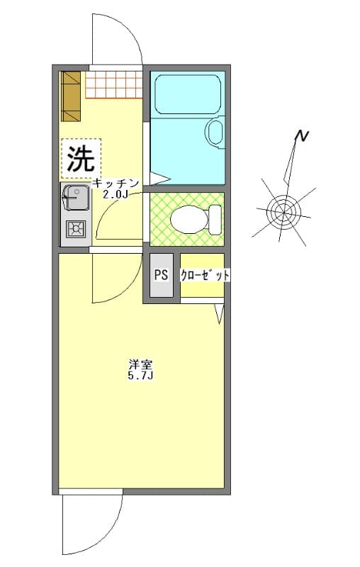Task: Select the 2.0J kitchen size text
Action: pyautogui.click(x=116, y=194)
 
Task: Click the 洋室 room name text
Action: pyautogui.click(x=140, y=365)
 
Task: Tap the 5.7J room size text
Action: pyautogui.click(x=140, y=376)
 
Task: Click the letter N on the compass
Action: pyautogui.click(x=303, y=136)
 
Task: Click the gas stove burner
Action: pyautogui.click(x=74, y=228)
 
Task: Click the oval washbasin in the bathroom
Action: pyautogui.click(x=214, y=132)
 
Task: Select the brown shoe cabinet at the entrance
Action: pyautogui.click(x=72, y=96)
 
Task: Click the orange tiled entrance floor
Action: pyautogui.click(x=113, y=84)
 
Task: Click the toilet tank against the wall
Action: pyautogui.click(x=215, y=218)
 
